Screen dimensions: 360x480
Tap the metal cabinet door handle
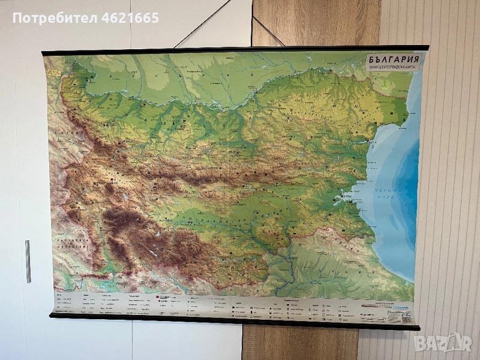pyautogui.click(x=28, y=261)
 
